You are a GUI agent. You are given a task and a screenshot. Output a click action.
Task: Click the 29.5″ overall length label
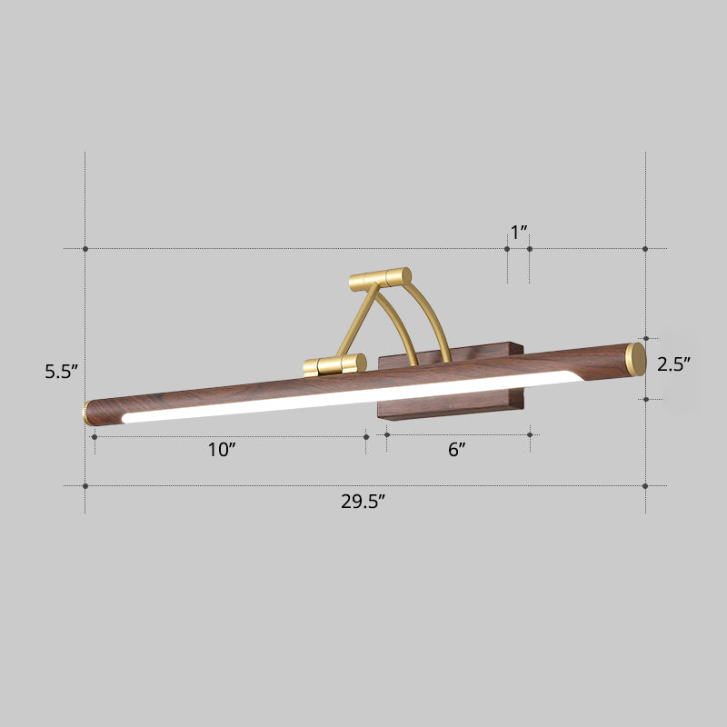[x=363, y=503]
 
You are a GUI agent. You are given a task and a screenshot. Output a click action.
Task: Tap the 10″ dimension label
[x=221, y=450]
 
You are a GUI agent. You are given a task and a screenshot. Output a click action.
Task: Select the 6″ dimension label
[x=456, y=450]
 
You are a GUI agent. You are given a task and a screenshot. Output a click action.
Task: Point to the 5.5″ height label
[x=62, y=371]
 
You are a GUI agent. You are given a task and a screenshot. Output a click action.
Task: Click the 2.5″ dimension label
[x=674, y=364]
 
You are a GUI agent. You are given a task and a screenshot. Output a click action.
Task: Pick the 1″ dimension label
[x=519, y=233]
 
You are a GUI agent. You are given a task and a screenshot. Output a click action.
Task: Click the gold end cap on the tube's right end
[x=636, y=359]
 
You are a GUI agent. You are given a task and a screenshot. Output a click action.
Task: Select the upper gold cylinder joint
[x=381, y=278]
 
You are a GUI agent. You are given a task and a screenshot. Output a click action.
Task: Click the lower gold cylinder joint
[x=334, y=365]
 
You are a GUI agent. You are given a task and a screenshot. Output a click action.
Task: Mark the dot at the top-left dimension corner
[x=85, y=248]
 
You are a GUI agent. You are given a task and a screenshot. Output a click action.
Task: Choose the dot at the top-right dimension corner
[x=645, y=248]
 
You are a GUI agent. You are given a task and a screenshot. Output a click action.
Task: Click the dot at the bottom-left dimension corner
[x=85, y=485]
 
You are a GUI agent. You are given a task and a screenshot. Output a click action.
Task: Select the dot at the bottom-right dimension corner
[x=645, y=485]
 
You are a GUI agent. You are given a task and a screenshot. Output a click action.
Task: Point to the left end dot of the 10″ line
[x=95, y=436]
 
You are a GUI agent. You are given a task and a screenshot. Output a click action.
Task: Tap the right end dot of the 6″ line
[x=531, y=436]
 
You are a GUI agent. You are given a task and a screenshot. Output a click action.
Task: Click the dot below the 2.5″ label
[x=645, y=398]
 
